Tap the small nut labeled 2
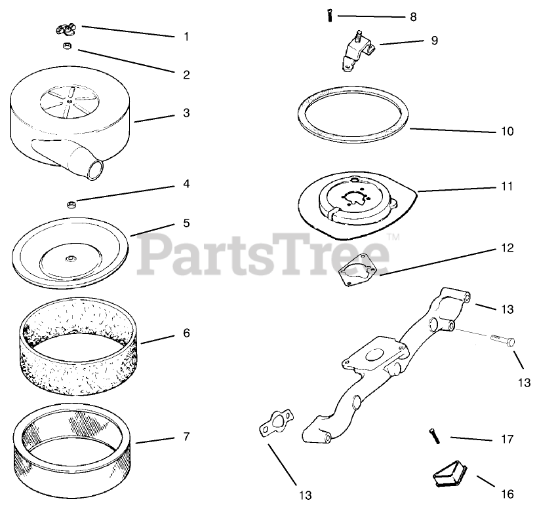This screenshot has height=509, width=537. [67, 46]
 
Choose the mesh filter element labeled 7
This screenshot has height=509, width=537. [75, 449]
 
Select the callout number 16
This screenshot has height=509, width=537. [507, 494]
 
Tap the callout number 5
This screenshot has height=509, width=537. [186, 223]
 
